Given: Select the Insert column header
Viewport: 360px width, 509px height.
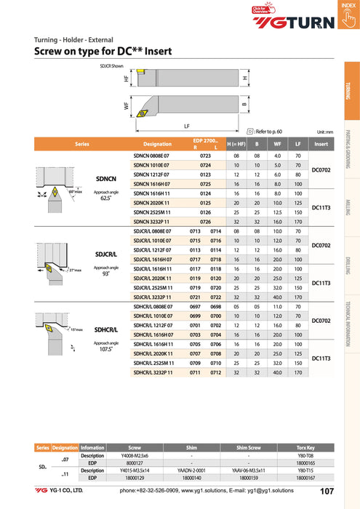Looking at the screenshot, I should (x=321, y=144).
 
